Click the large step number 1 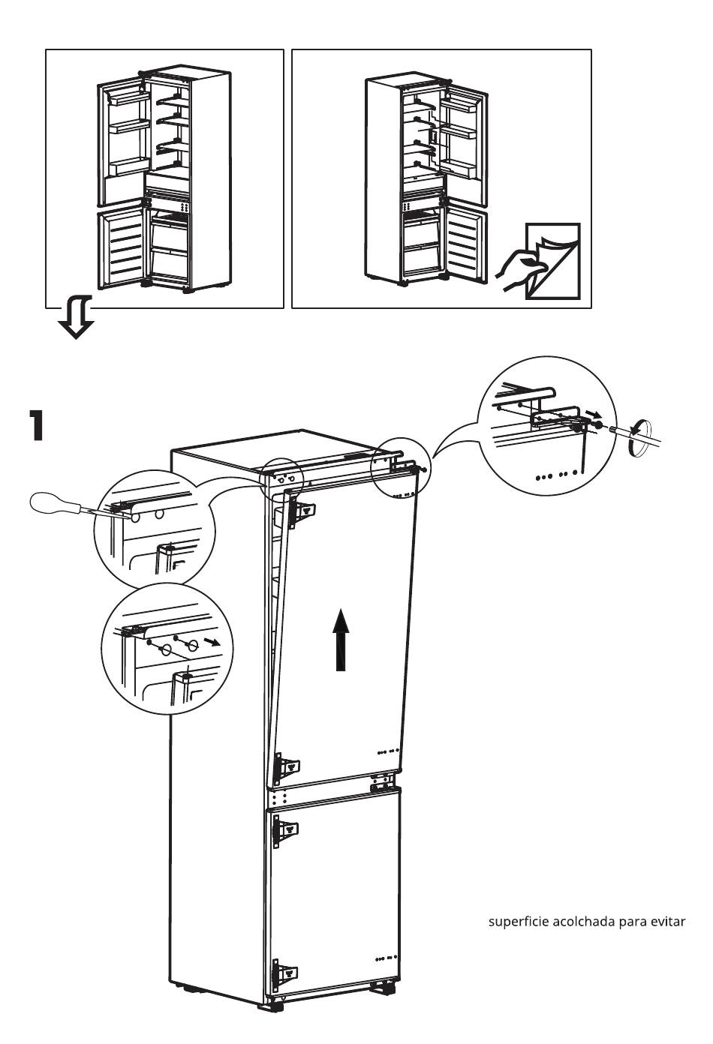[35, 424]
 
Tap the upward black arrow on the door [341, 638]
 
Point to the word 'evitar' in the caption [667, 922]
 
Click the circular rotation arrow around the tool [634, 438]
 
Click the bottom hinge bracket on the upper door [287, 766]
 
